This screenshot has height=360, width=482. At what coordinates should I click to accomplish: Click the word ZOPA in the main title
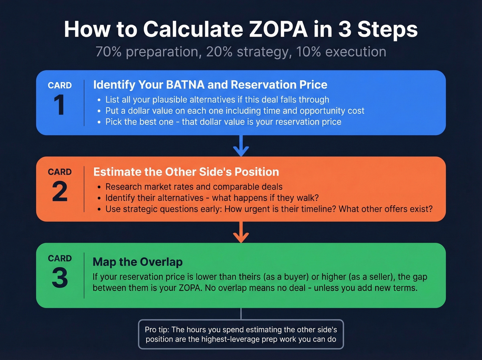278,29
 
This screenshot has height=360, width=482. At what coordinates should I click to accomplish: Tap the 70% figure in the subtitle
108,52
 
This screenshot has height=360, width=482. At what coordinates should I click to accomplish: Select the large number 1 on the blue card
59,105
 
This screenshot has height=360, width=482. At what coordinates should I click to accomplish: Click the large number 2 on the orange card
60,192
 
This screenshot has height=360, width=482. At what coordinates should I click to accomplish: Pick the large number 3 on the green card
60,278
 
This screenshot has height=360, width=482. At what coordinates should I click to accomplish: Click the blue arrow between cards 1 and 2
241,146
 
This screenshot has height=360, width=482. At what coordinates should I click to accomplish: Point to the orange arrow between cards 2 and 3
241,233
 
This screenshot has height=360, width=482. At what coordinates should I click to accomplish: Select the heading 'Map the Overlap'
138,262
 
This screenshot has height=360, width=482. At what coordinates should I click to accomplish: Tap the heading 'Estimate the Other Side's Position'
186,172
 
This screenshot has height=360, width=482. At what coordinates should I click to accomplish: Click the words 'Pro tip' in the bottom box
157,330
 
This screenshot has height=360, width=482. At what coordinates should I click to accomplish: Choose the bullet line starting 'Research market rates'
194,187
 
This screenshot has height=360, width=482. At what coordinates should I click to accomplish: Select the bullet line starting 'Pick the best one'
223,122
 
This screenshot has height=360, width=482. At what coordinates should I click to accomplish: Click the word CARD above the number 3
60,258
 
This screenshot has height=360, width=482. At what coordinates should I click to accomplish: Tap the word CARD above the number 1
60,85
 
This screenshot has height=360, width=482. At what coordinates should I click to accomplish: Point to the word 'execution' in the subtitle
356,52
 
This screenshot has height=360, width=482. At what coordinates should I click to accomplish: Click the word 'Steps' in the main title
387,29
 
